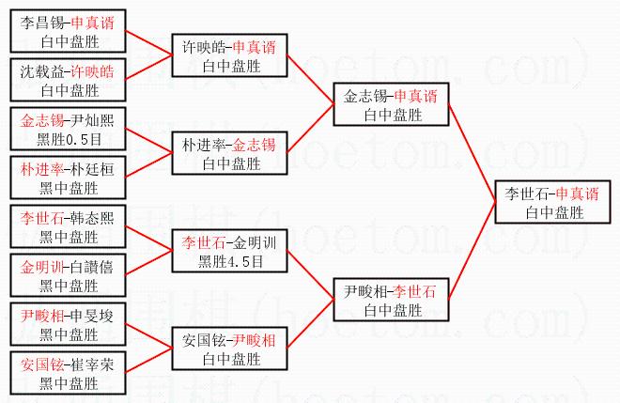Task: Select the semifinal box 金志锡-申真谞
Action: tap(390, 104)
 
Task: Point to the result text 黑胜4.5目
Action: tap(231, 262)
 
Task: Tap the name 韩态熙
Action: tap(95, 217)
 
